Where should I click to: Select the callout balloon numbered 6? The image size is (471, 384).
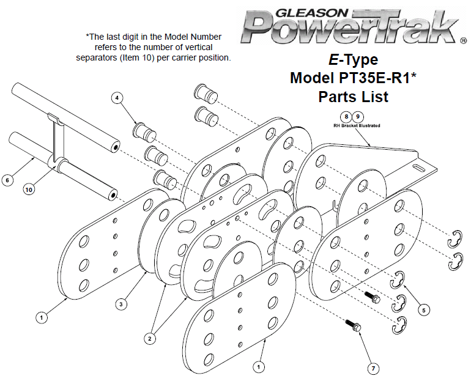point(7,180)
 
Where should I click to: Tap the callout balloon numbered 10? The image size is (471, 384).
point(29,190)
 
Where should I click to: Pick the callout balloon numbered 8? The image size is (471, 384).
point(346,116)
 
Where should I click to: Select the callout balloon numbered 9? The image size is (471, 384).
point(358,116)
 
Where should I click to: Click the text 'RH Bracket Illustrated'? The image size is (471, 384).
point(356,126)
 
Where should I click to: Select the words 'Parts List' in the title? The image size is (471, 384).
point(353,97)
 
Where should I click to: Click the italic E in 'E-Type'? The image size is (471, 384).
point(334,60)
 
